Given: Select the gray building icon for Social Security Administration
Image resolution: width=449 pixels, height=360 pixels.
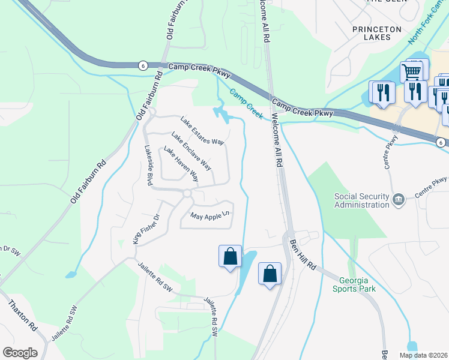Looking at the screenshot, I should point(397,199).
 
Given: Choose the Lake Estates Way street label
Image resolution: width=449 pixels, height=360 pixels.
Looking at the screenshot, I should point(202,131).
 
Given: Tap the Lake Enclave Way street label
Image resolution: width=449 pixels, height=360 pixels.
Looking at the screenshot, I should point(191,151).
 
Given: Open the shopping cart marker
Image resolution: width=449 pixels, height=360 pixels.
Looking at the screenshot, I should point(411,71).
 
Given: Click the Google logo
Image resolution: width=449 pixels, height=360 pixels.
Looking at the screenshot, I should point(20,353).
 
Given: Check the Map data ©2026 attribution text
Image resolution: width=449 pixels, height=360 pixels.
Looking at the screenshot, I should point(423,355).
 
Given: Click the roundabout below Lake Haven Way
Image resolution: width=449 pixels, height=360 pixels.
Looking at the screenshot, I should point(187,193).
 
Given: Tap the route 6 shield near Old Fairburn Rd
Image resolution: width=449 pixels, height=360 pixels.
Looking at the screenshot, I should point(142,65).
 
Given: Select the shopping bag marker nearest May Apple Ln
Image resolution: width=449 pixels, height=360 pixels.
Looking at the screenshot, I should point(230,256).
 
